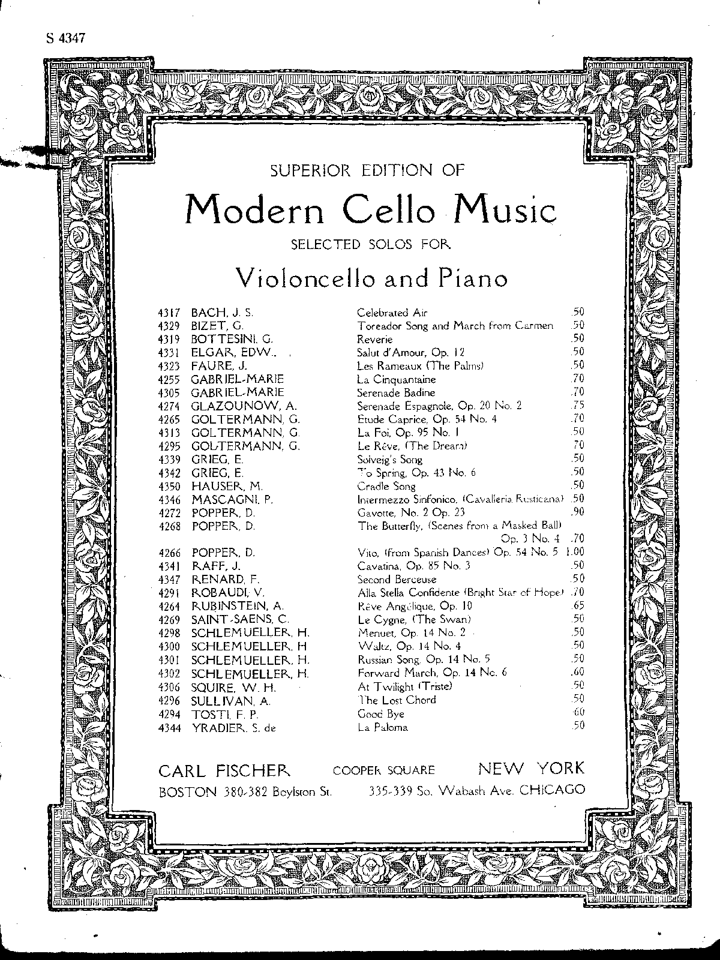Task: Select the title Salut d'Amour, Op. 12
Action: point(410,352)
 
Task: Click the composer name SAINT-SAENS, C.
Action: point(240,619)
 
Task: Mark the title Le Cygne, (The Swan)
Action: point(414,619)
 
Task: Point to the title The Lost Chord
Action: point(397,700)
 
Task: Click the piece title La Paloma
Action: point(382,727)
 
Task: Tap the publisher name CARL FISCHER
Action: point(224,770)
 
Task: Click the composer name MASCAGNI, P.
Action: point(232,499)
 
